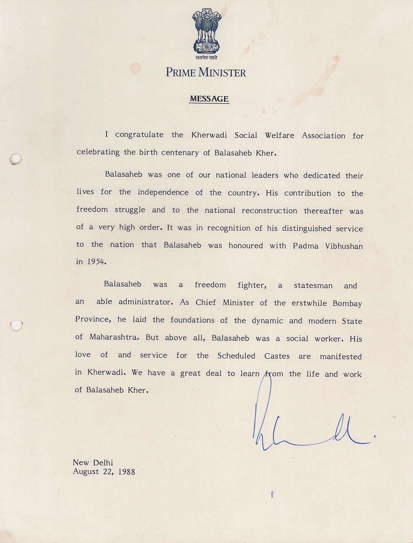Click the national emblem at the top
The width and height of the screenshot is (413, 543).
click(206, 31)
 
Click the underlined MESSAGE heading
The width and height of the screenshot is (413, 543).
click(209, 99)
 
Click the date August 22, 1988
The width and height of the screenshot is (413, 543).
click(104, 472)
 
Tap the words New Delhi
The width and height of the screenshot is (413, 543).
click(93, 463)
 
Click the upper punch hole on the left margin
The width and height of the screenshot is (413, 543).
click(16, 159)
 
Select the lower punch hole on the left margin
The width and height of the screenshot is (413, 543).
click(16, 325)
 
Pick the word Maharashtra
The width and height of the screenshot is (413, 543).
click(114, 337)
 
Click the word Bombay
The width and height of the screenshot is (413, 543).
click(347, 303)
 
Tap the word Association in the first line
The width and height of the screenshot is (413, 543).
click(323, 136)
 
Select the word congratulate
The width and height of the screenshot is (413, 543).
click(139, 135)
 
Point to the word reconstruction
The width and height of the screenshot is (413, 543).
click(269, 211)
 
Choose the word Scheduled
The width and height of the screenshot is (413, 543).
click(236, 356)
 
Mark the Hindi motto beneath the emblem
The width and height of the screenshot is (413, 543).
click(206, 57)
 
